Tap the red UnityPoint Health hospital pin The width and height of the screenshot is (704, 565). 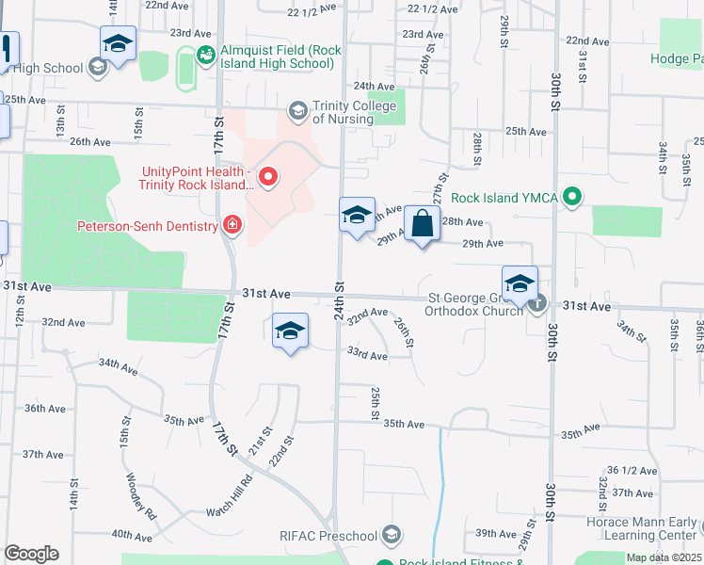click(x=268, y=176)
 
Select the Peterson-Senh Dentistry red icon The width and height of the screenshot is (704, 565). click(x=232, y=225)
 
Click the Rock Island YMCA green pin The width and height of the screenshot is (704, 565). click(x=570, y=197)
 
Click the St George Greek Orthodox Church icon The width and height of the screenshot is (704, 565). click(x=536, y=303)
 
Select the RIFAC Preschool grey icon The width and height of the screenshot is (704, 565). click(x=392, y=536)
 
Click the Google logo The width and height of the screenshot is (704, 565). click(x=31, y=554)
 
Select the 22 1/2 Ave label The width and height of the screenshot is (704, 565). click(x=432, y=8)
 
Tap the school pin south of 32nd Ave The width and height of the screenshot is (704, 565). click(x=291, y=331)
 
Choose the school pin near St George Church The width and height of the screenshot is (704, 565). click(x=520, y=282)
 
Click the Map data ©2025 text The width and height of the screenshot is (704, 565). click(x=664, y=557)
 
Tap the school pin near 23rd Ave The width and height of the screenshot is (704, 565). click(x=119, y=42)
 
